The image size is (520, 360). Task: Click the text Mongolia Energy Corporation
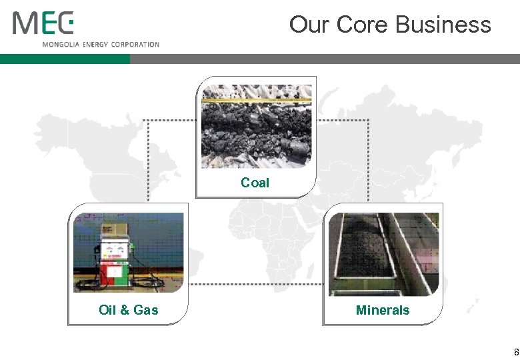pyautogui.click(x=101, y=45)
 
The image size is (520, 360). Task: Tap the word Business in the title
pyautogui.click(x=443, y=25)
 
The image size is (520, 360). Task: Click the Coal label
pyautogui.click(x=255, y=183)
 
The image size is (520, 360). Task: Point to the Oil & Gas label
pyautogui.click(x=129, y=310)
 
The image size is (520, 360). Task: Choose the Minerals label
pyautogui.click(x=383, y=310)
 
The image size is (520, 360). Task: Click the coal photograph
pyautogui.click(x=257, y=127)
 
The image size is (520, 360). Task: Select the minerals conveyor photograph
pyautogui.click(x=383, y=254)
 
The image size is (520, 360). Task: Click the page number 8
pyautogui.click(x=516, y=352)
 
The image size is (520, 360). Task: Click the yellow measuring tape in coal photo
pyautogui.click(x=257, y=101)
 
